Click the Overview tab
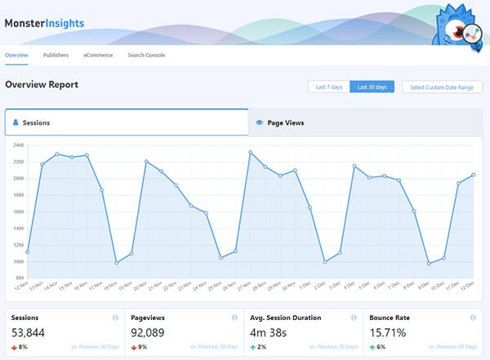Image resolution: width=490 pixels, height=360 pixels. [x=16, y=56]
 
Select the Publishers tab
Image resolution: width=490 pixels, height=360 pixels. [x=56, y=56]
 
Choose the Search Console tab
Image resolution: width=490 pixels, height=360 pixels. [x=147, y=56]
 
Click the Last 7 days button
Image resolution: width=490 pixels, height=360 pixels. [x=328, y=87]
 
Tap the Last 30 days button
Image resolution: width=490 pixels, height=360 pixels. [x=372, y=87]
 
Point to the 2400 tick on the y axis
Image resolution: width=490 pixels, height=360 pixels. [x=18, y=145]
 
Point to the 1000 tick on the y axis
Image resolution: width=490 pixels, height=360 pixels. [x=18, y=261]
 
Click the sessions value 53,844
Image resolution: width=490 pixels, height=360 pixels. [x=28, y=332]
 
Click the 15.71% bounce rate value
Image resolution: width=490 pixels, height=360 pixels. [x=389, y=332]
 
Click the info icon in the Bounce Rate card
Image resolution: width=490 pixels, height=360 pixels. [x=473, y=318]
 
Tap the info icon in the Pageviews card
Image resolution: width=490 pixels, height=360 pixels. [x=234, y=318]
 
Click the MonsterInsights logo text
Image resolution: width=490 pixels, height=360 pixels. [x=44, y=23]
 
